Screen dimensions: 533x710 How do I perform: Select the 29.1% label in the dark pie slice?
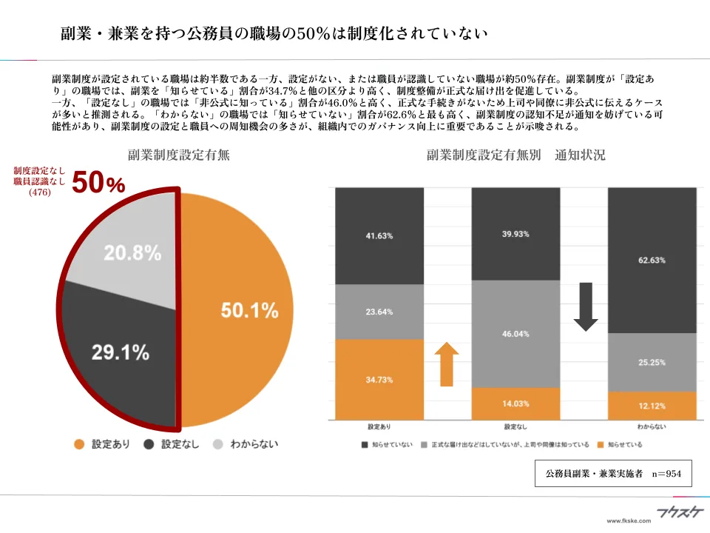click(x=121, y=352)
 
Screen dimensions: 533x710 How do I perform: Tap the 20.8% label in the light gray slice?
click(x=132, y=253)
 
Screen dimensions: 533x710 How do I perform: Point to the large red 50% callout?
click(x=98, y=184)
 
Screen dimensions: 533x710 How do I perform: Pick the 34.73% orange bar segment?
click(x=379, y=380)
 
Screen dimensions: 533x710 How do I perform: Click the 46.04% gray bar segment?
click(x=516, y=334)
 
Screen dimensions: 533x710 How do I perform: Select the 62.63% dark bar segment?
click(x=652, y=260)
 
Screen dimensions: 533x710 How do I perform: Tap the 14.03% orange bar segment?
click(x=516, y=403)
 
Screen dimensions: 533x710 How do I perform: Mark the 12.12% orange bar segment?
click(x=652, y=406)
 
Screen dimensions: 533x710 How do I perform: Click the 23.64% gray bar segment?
click(x=379, y=312)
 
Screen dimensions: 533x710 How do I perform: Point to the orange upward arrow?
click(x=446, y=363)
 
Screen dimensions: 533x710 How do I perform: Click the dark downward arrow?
click(x=586, y=306)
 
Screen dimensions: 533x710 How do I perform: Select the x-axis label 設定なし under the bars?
click(x=516, y=428)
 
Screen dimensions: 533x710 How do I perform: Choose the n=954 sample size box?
click(x=613, y=473)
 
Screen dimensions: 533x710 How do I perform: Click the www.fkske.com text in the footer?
click(x=628, y=521)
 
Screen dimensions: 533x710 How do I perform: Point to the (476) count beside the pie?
click(x=39, y=192)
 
